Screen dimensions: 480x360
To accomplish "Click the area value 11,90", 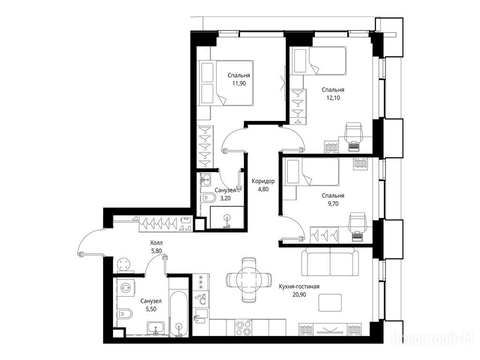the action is tap(239, 83).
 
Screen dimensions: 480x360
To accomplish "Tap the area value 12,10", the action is tap(333, 98).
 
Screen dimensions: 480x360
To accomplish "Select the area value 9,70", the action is tap(333, 203).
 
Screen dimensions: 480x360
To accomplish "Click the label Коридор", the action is tap(263, 181).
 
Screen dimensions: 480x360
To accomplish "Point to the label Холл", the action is tap(157, 243).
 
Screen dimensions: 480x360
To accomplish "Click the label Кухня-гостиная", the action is tap(299, 286).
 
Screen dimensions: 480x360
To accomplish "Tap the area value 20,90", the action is tap(299, 295).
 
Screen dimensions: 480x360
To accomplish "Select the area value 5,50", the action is tap(150, 309).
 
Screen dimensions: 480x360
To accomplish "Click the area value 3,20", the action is tap(225, 198).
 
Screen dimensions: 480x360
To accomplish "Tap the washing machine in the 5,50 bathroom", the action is tap(126, 288).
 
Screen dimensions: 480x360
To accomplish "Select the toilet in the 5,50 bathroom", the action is tap(125, 314).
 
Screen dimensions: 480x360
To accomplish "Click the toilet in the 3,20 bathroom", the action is tap(209, 198).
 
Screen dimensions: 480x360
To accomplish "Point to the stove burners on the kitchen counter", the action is tap(243, 328).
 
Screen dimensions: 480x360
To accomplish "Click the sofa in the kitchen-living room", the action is tap(330, 262).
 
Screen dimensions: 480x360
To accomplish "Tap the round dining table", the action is tap(249, 279).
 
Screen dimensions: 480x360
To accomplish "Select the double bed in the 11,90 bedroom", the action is tap(226, 83).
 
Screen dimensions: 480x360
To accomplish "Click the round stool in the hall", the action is tap(125, 264).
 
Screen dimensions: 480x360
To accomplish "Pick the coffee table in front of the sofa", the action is tap(330, 303).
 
